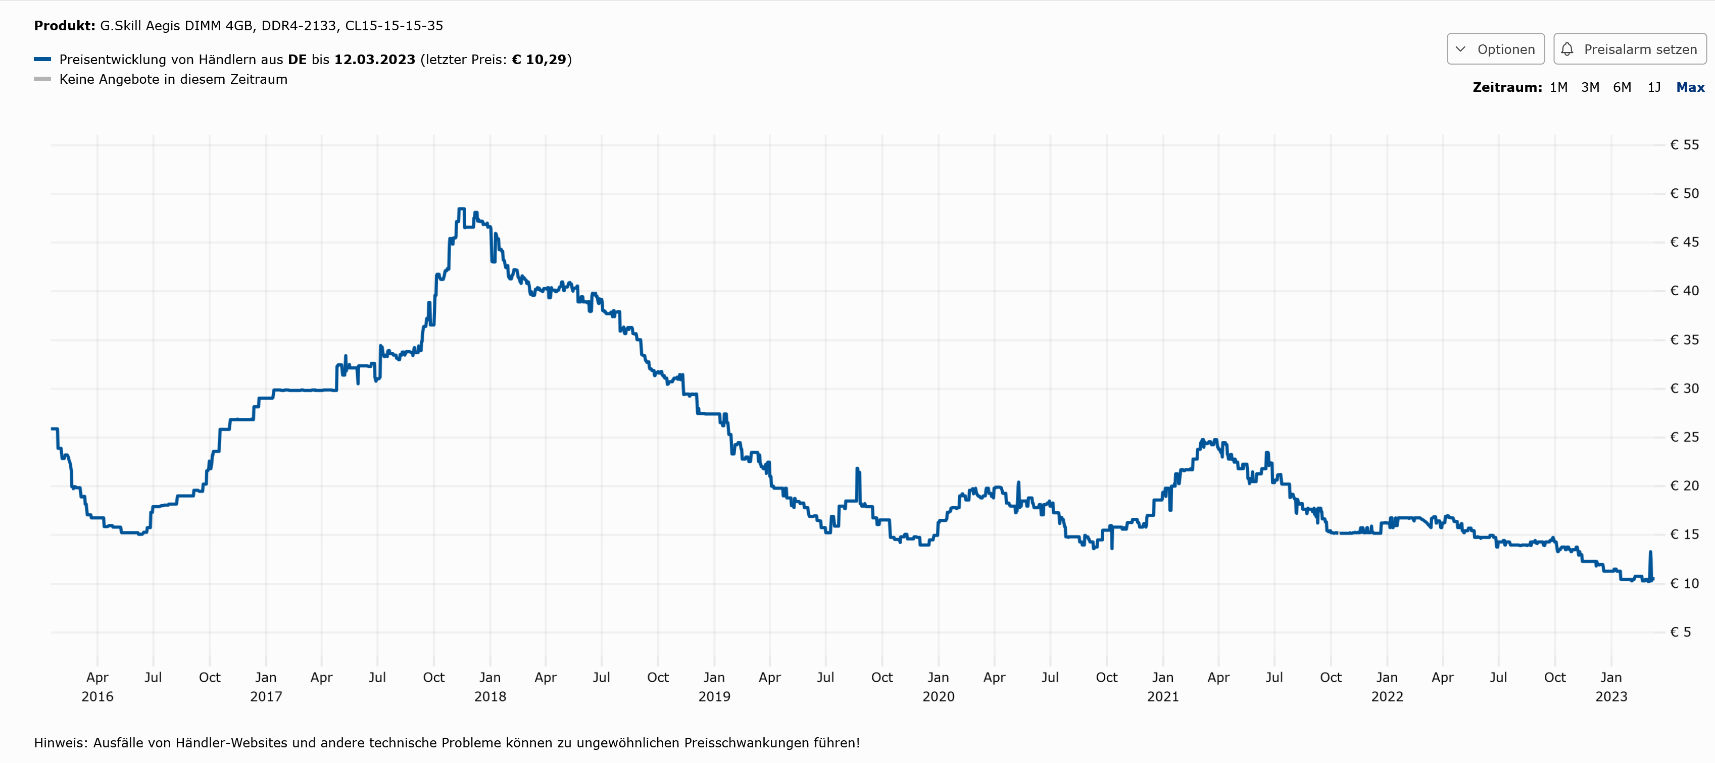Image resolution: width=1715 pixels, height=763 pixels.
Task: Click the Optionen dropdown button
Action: coord(1495,49)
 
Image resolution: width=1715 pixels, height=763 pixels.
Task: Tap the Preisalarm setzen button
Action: coord(1629,49)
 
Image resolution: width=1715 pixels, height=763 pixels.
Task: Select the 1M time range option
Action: coord(1558,87)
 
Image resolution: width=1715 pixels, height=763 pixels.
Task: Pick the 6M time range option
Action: coord(1622,87)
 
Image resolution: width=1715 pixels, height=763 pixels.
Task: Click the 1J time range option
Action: coord(1654,87)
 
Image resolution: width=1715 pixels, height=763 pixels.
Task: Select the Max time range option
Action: coord(1690,87)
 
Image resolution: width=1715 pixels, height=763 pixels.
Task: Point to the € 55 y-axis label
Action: coord(1684,145)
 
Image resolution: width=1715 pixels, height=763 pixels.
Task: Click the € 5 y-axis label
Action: coord(1680,632)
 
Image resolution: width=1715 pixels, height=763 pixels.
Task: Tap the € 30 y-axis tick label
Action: coord(1684,389)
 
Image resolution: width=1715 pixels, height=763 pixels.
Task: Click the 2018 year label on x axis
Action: coord(490,696)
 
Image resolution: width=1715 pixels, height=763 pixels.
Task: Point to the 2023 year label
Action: coord(1611,696)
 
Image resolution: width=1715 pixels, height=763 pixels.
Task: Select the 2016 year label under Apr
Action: coord(97,696)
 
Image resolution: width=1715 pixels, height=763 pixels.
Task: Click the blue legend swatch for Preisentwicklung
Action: coord(42,59)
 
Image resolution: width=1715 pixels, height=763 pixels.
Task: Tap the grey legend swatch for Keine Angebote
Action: coord(42,79)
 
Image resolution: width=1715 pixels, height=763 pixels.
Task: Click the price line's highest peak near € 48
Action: coord(461,209)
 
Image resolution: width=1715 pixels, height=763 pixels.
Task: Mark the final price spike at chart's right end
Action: coord(1650,552)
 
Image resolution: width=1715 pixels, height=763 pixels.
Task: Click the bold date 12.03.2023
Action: coord(374,59)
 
